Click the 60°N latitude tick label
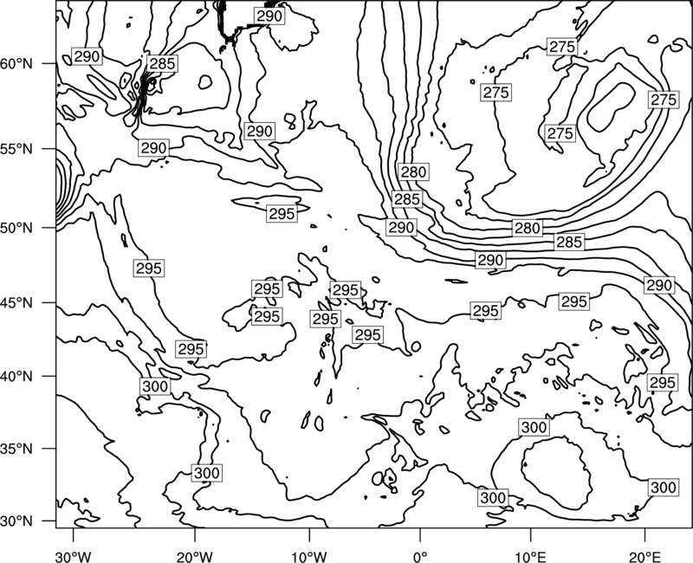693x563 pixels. tap(16, 64)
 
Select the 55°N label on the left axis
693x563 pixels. tap(16, 149)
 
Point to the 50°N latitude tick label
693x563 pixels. tap(16, 228)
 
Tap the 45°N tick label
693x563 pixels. tap(16, 302)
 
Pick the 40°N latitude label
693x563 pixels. tap(16, 376)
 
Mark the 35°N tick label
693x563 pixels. tap(16, 449)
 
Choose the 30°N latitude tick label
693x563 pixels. tap(16, 521)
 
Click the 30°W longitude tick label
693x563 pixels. tap(74, 556)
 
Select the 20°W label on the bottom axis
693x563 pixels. tap(194, 556)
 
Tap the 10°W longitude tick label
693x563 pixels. tap(308, 556)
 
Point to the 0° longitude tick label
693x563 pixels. tap(420, 556)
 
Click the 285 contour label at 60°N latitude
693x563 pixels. tap(162, 63)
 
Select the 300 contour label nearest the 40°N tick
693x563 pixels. tap(155, 386)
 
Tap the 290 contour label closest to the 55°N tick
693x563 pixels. tap(153, 147)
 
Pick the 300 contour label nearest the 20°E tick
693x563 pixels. tap(664, 487)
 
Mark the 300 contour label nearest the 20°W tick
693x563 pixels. tap(206, 473)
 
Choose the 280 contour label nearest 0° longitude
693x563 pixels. tap(413, 171)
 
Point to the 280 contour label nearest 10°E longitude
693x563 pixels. tap(528, 228)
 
